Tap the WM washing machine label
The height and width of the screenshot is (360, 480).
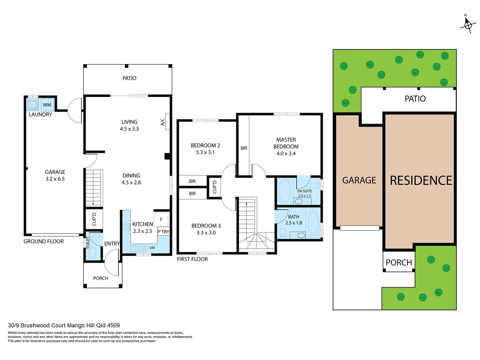pyautogui.click(x=47, y=105)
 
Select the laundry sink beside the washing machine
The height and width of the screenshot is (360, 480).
pyautogui.click(x=32, y=104)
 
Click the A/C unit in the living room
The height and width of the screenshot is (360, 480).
pyautogui.click(x=167, y=122)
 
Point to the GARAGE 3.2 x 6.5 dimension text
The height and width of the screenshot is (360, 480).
pyautogui.click(x=55, y=176)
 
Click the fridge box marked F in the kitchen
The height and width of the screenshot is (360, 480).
pyautogui.click(x=161, y=219)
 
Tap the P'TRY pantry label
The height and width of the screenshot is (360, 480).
pyautogui.click(x=163, y=232)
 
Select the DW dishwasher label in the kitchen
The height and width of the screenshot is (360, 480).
pyautogui.click(x=152, y=248)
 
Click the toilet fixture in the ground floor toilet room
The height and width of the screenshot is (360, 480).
pyautogui.click(x=92, y=253)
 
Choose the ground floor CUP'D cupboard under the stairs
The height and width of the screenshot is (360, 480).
pyautogui.click(x=94, y=219)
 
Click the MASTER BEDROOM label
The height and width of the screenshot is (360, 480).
pyautogui.click(x=286, y=143)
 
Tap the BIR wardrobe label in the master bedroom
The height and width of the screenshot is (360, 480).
pyautogui.click(x=244, y=148)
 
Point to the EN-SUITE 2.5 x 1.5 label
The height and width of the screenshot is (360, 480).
pyautogui.click(x=304, y=193)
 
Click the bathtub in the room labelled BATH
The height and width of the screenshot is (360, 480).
pyautogui.click(x=313, y=222)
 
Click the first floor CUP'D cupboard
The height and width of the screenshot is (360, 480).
pyautogui.click(x=215, y=187)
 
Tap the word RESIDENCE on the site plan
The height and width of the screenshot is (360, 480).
pyautogui.click(x=421, y=181)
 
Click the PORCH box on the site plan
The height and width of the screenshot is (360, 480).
pyautogui.click(x=399, y=262)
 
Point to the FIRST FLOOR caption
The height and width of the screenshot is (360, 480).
pyautogui.click(x=192, y=259)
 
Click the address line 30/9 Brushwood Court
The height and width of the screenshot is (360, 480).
pyautogui.click(x=64, y=325)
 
